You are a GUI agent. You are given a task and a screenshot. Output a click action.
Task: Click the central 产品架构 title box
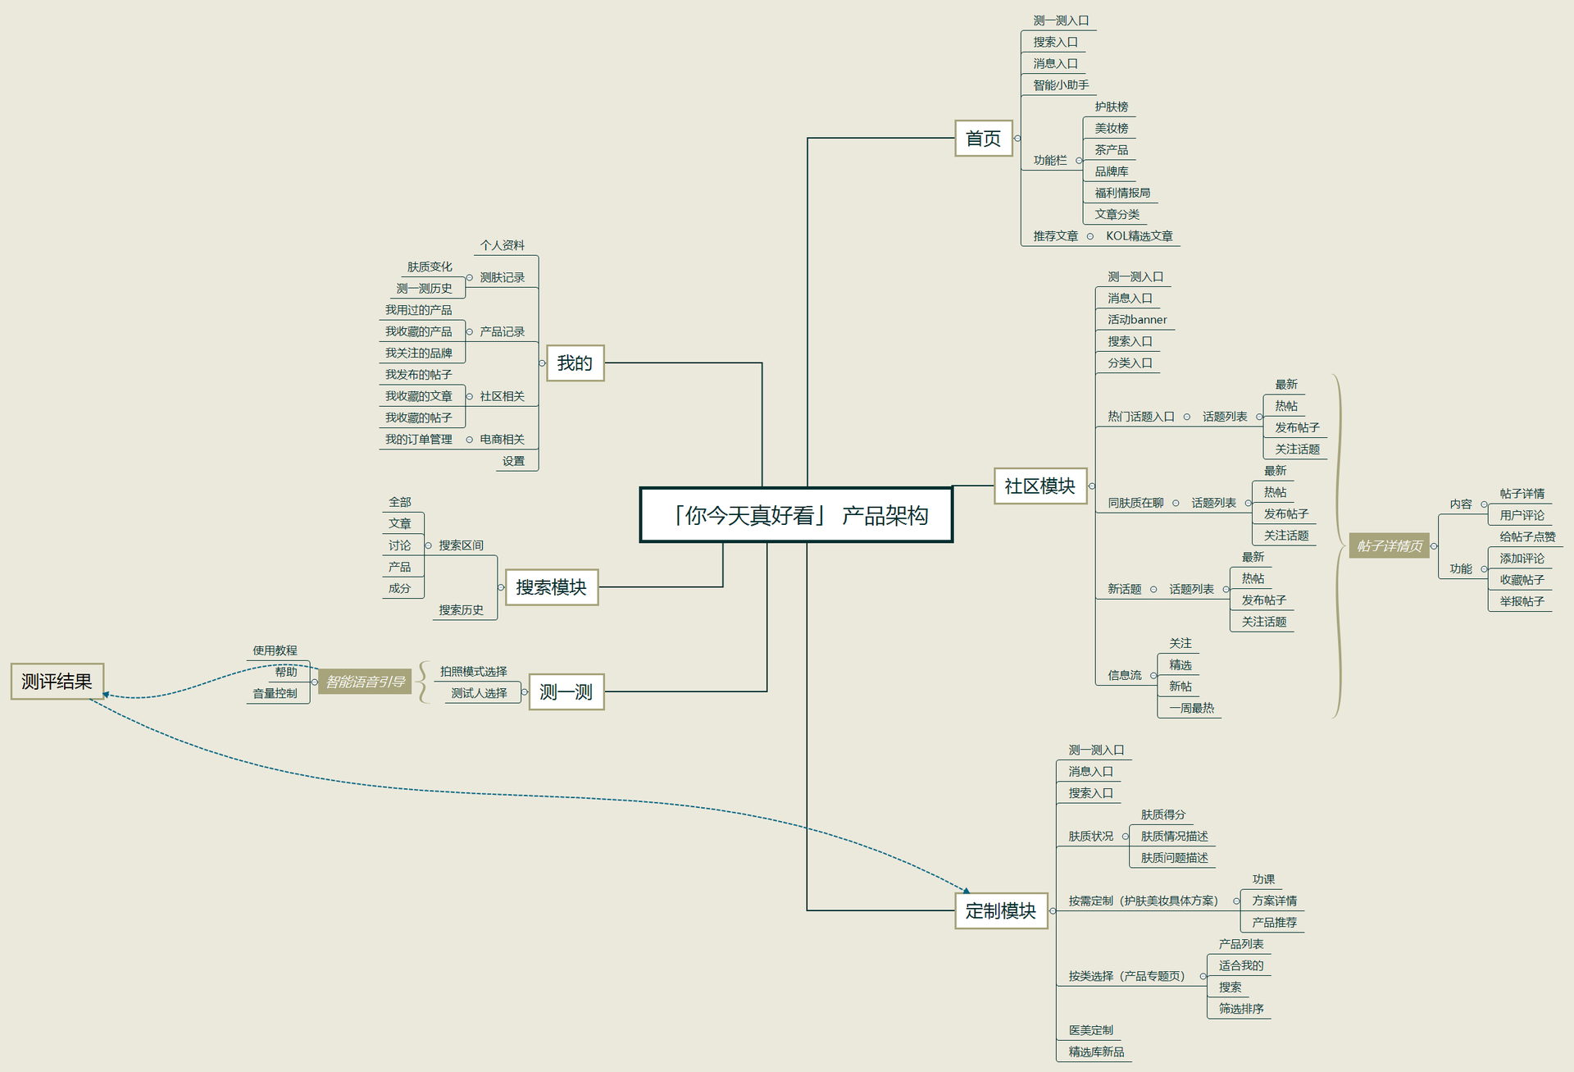pos(796,515)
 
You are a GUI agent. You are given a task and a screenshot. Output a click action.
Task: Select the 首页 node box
pos(983,139)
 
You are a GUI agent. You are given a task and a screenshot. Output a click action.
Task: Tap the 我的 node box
pos(575,363)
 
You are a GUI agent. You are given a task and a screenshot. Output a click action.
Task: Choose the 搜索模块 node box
pos(551,587)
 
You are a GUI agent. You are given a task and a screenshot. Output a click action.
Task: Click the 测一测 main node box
pos(566,692)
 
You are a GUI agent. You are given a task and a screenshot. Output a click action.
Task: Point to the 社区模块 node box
pos(1039,486)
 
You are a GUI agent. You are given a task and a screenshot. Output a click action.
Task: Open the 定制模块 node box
pos(1000,911)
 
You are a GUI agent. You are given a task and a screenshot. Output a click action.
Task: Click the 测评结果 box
pos(57,682)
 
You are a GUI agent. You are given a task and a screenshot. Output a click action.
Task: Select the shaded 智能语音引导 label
pos(365,682)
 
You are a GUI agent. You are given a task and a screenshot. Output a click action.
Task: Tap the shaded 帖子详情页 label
pos(1389,546)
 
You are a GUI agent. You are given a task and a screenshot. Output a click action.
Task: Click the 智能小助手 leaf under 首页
pos(1061,85)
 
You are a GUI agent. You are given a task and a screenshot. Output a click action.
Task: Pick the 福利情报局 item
pos(1122,193)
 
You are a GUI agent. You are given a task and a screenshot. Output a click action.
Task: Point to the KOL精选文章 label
pos(1139,236)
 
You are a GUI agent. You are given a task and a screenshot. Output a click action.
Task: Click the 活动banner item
pos(1137,320)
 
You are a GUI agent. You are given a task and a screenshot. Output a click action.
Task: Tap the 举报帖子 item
pos(1522,601)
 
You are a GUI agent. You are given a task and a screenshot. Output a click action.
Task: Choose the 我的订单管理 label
pos(418,440)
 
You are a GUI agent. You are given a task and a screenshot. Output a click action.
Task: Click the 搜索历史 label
pos(461,610)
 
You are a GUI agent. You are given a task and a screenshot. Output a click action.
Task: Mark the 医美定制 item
pos(1090,1030)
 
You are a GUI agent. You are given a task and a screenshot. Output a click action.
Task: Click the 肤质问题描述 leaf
pos(1174,858)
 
